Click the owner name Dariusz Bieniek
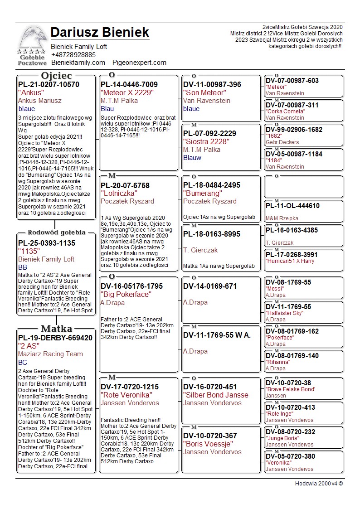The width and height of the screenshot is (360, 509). (100, 33)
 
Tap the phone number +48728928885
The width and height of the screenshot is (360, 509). (73, 55)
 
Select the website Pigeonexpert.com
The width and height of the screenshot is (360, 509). (139, 63)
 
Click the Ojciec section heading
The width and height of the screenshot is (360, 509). (56, 75)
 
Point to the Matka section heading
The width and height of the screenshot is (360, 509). (56, 329)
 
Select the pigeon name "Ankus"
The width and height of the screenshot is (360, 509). (31, 92)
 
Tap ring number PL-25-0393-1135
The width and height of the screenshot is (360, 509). (47, 243)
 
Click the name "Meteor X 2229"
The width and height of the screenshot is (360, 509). (127, 93)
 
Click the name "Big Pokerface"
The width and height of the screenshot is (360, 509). (126, 295)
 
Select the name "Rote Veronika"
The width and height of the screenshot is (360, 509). (126, 395)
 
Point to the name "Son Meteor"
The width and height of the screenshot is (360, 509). (204, 93)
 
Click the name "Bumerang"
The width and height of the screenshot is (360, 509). (202, 194)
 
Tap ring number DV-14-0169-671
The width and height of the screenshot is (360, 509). (210, 286)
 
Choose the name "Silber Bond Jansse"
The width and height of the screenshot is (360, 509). (213, 395)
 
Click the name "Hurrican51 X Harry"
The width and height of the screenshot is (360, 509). (290, 261)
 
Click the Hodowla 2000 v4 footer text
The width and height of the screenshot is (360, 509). (319, 484)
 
